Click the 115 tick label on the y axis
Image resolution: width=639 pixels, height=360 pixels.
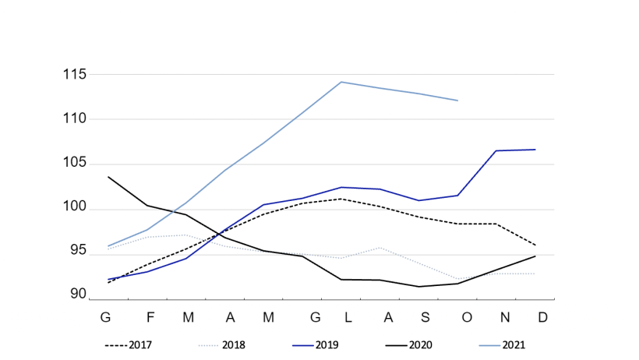pyautogui.click(x=74, y=75)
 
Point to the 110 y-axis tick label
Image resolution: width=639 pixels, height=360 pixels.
pyautogui.click(x=74, y=119)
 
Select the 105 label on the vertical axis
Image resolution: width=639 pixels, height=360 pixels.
pyautogui.click(x=74, y=164)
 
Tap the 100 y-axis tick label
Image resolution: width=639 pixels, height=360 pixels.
pyautogui.click(x=74, y=209)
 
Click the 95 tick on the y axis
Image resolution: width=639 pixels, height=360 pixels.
pyautogui.click(x=79, y=250)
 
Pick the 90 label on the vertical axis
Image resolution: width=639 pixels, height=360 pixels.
pyautogui.click(x=79, y=294)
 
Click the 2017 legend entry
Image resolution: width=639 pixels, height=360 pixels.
pyautogui.click(x=129, y=344)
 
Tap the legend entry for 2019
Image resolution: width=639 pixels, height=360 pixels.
pyautogui.click(x=316, y=344)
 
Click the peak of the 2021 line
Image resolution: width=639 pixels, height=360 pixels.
pyautogui.click(x=341, y=82)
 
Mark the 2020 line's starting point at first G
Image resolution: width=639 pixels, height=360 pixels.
pyautogui.click(x=108, y=177)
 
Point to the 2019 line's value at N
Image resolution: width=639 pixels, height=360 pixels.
pyautogui.click(x=496, y=150)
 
